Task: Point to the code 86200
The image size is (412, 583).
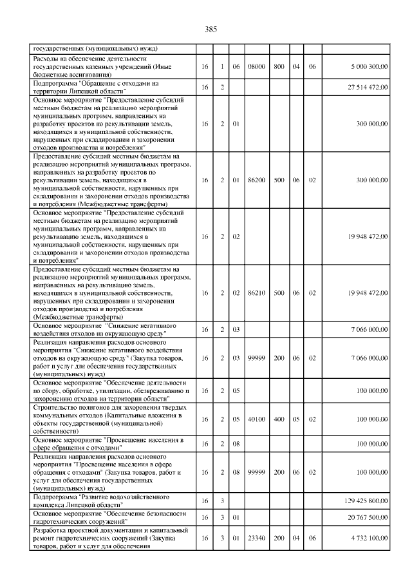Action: tap(257, 180)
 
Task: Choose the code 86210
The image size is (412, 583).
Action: tap(257, 293)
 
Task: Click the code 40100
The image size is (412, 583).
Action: tap(257, 419)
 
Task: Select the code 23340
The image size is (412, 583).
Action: tap(257, 538)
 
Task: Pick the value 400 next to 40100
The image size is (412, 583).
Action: tap(279, 419)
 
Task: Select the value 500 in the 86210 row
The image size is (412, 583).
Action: tap(279, 293)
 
